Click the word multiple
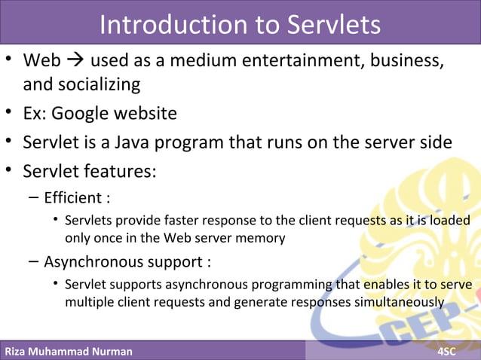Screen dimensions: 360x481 pos(90,302)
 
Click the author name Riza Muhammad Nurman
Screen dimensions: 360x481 pos(68,351)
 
